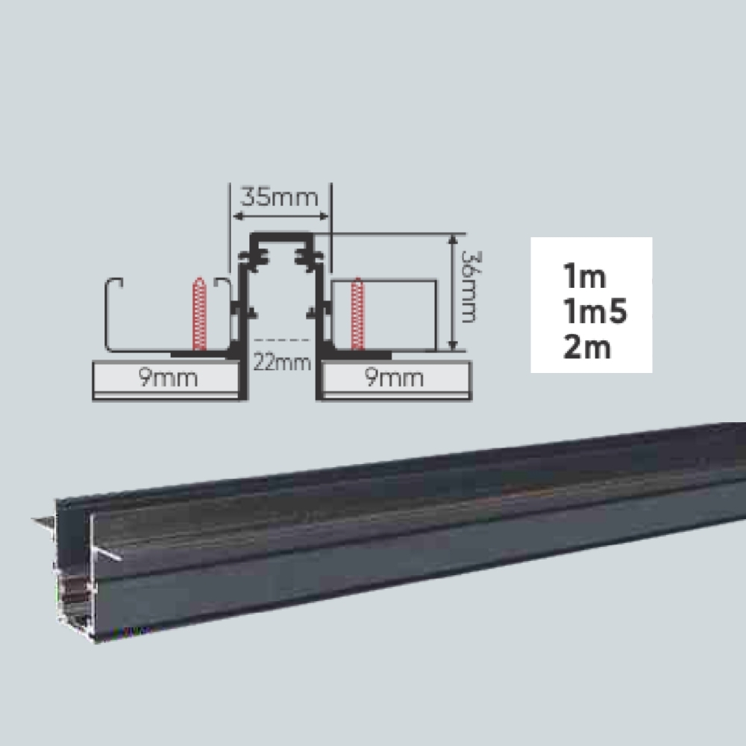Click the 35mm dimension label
tap(280, 197)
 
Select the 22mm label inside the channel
tap(283, 363)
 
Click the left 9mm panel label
tap(168, 377)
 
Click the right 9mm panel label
tap(394, 377)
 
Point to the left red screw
tap(200, 314)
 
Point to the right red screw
tap(357, 314)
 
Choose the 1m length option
tap(585, 276)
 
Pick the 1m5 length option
tap(595, 312)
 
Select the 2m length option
tap(587, 347)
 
